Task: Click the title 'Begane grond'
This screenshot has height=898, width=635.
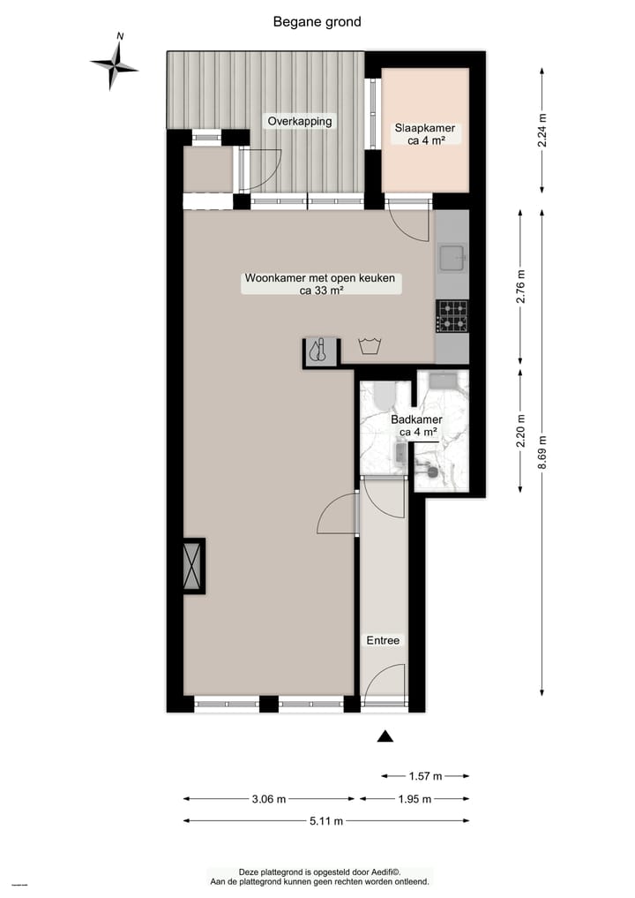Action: click(317, 22)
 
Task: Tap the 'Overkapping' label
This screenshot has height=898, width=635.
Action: click(301, 121)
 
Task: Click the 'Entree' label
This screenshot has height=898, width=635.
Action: click(384, 640)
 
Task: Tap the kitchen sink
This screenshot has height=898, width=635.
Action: click(452, 258)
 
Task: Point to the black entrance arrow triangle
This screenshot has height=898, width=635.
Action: click(385, 736)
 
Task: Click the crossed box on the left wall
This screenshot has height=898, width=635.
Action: click(192, 565)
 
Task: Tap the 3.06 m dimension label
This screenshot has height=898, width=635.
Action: click(269, 799)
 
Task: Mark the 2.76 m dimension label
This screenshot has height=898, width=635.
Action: click(520, 286)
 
